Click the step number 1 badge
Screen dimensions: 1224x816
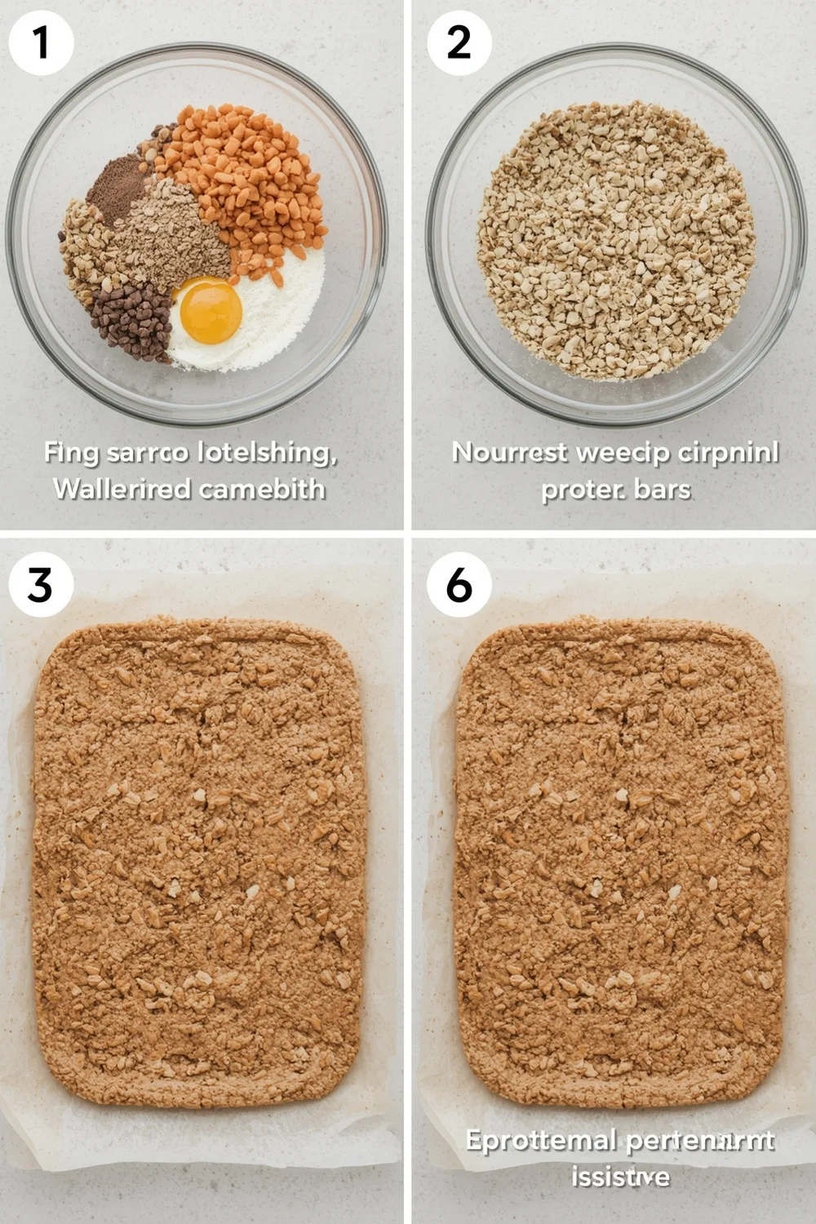point(41,42)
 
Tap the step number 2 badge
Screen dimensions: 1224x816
point(459,42)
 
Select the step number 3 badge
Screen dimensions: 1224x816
point(41,584)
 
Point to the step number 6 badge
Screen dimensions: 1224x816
point(459,584)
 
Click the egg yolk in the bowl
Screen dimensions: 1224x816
point(211,310)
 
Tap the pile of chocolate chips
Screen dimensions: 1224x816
point(132,320)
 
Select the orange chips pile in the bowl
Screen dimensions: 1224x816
point(245,180)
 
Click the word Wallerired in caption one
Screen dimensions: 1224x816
point(112,490)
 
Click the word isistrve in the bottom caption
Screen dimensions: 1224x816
point(620,1176)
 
